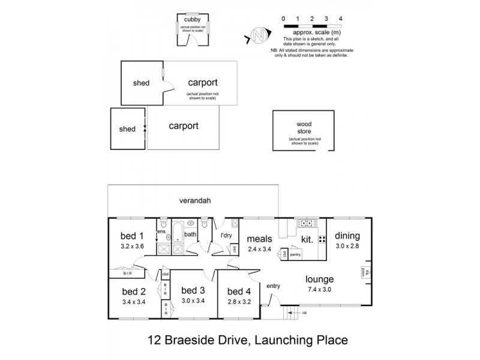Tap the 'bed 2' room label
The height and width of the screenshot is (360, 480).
click(x=134, y=292)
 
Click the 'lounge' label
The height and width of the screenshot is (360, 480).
click(x=319, y=279)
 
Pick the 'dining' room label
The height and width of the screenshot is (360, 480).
click(x=347, y=235)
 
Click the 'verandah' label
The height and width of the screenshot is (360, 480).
click(x=193, y=200)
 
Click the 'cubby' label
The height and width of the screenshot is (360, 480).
click(x=193, y=19)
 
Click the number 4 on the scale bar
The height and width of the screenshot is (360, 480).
click(x=340, y=19)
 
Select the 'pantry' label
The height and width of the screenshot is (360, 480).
click(x=294, y=254)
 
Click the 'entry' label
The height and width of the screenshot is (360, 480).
click(x=273, y=285)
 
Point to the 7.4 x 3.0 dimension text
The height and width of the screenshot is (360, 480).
click(x=319, y=289)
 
